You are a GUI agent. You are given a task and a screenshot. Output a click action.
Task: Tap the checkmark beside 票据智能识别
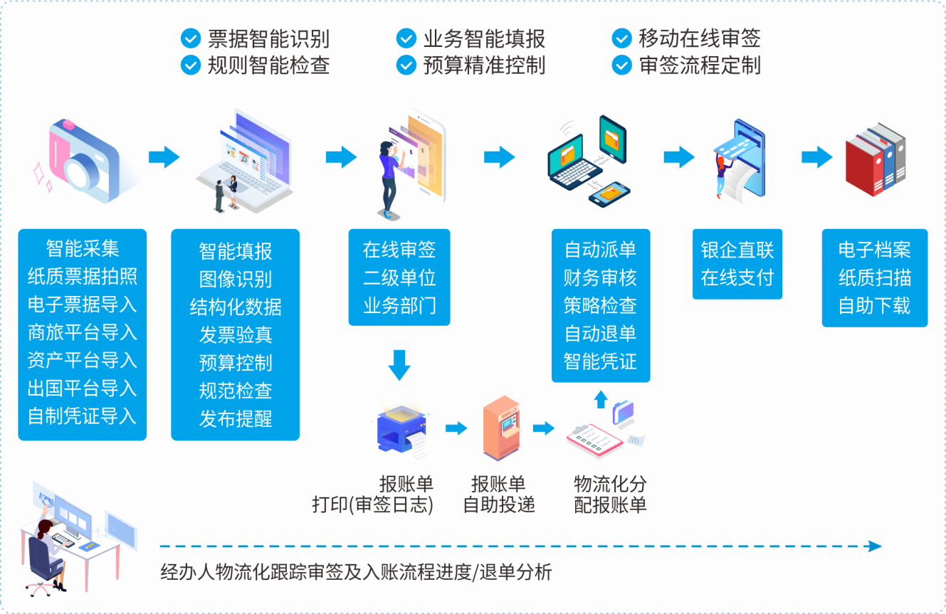pyautogui.click(x=191, y=38)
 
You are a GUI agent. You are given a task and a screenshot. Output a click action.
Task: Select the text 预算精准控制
pyautogui.click(x=484, y=65)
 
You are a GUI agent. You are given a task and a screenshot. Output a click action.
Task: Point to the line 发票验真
pyautogui.click(x=236, y=335)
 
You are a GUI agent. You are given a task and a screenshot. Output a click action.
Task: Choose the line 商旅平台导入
pyautogui.click(x=82, y=332)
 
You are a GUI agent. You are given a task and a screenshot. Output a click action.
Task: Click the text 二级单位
pyautogui.click(x=399, y=277)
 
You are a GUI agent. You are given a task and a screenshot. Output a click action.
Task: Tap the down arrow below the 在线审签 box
pyautogui.click(x=399, y=364)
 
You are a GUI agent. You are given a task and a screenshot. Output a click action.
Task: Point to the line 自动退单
pyautogui.click(x=600, y=334)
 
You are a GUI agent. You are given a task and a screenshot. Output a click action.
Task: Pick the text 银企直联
pyautogui.click(x=737, y=250)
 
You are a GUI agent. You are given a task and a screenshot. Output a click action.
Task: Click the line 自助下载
pyautogui.click(x=874, y=306)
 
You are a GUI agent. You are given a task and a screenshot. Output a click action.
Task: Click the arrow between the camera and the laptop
pyautogui.click(x=164, y=157)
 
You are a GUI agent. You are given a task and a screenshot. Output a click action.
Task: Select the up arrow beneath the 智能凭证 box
pyautogui.click(x=601, y=398)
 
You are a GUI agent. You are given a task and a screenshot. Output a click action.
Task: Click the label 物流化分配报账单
pyautogui.click(x=610, y=495)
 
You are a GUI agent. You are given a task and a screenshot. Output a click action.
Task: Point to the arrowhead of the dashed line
pyautogui.click(x=876, y=546)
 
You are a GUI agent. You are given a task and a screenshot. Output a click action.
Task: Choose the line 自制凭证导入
pyautogui.click(x=82, y=416)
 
